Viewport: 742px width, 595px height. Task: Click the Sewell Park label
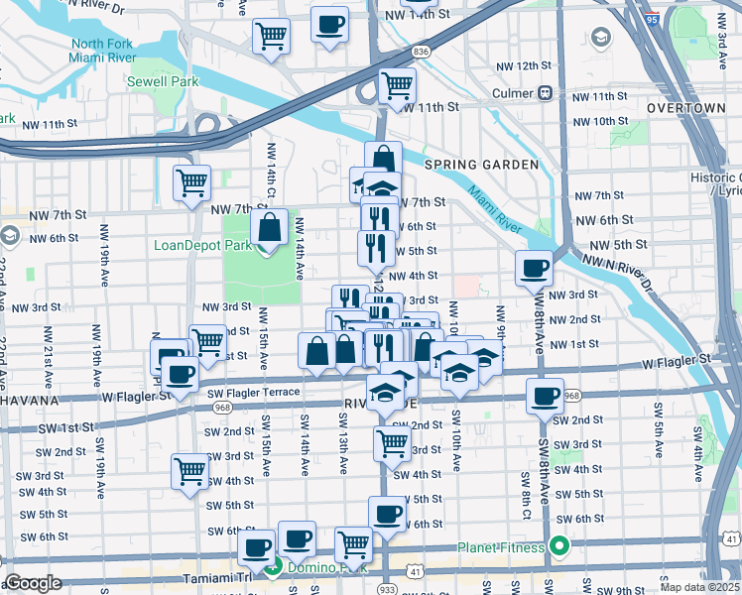coord(162,82)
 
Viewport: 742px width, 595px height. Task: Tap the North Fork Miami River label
coord(101,52)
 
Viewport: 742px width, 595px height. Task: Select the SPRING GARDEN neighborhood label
coord(481,164)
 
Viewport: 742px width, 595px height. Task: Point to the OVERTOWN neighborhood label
coord(685,107)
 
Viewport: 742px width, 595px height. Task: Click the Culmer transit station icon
coord(545,93)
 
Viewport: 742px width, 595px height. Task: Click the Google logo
coord(33,583)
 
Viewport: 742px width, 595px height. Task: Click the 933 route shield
coord(387,588)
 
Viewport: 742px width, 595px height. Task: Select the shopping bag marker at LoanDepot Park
coord(269,227)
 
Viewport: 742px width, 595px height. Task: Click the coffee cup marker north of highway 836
coord(329,24)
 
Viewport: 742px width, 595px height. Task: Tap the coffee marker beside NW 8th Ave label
coord(535,267)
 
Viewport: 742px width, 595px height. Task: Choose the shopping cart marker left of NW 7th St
coord(191,182)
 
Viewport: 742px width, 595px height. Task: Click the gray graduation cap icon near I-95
coord(600,38)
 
